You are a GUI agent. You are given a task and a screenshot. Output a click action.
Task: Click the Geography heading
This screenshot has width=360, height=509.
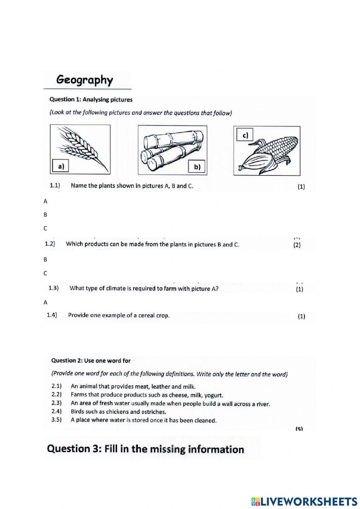85,80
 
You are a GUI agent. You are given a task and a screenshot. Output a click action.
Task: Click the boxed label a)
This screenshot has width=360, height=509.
60,166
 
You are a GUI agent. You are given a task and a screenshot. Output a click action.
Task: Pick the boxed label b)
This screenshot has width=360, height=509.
197,167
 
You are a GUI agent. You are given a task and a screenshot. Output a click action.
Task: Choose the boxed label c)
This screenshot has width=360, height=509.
245,135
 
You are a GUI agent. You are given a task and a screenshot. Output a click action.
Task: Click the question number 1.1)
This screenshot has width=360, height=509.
55,186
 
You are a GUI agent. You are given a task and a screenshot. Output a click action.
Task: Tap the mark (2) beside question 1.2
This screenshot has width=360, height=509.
297,245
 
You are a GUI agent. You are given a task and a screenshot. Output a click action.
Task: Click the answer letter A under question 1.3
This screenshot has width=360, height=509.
45,303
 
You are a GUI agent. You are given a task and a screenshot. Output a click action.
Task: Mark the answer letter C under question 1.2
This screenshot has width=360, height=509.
45,273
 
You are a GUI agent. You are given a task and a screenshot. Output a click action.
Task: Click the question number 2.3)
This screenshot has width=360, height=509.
57,403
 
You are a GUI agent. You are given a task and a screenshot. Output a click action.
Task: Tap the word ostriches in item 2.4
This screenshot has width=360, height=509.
154,412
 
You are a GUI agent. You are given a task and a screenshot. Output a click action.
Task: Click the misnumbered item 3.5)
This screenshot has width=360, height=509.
57,420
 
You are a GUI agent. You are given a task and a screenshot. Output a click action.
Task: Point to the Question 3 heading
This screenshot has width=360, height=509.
145,449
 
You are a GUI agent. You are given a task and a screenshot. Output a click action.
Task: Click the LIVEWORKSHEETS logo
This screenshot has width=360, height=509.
304,501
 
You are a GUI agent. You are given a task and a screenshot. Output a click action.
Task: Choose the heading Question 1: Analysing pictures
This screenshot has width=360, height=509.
91,100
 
